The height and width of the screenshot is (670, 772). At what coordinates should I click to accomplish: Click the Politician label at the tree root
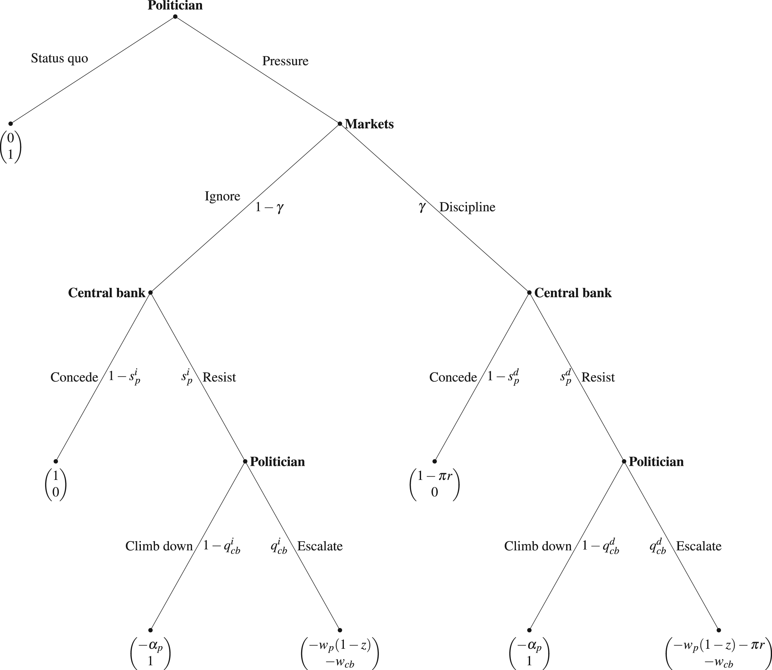[x=175, y=5]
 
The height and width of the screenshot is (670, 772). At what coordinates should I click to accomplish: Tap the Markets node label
[x=369, y=124]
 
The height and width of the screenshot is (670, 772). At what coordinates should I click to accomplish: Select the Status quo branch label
[x=60, y=58]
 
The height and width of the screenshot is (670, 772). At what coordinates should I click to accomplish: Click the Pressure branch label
[x=285, y=61]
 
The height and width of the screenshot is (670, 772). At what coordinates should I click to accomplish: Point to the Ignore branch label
[x=223, y=196]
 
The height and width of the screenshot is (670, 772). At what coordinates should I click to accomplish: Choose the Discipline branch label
[x=467, y=207]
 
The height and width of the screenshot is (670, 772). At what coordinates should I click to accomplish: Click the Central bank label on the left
[x=106, y=293]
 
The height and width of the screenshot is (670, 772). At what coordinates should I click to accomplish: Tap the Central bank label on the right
[x=573, y=293]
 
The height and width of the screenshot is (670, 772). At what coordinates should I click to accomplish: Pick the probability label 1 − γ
[x=270, y=207]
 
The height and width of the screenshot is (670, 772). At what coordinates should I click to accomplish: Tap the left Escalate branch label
[x=320, y=546]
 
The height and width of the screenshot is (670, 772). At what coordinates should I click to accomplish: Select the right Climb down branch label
[x=538, y=546]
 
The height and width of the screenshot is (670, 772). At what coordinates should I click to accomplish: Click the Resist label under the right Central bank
[x=598, y=378]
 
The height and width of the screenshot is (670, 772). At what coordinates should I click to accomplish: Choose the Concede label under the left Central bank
[x=74, y=378]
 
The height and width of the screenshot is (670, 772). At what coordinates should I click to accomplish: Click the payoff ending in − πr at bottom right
[x=719, y=654]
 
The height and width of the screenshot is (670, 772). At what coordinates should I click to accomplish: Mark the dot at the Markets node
[x=340, y=124]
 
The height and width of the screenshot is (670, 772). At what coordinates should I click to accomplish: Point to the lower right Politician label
[x=656, y=462]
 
